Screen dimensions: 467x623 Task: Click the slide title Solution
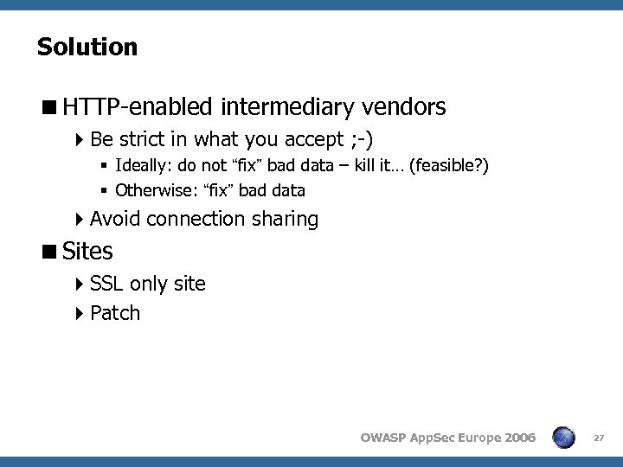(87, 47)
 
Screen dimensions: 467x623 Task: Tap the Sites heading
(88, 252)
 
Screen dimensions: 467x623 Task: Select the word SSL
(107, 284)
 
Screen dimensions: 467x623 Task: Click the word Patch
(115, 313)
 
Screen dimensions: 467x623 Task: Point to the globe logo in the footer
(563, 438)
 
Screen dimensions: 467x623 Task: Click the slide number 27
(599, 438)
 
